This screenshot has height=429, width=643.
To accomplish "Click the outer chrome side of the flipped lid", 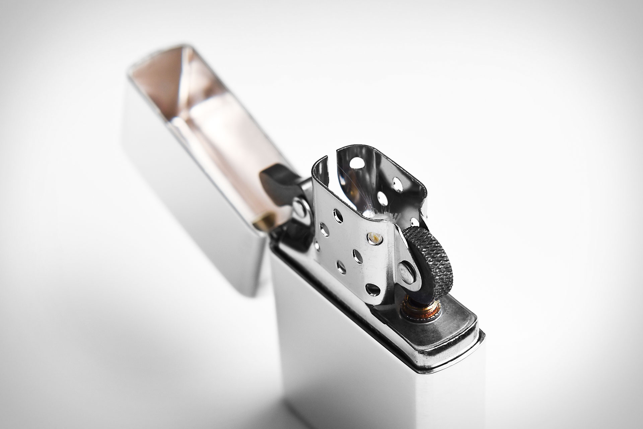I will [x=174, y=208].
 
